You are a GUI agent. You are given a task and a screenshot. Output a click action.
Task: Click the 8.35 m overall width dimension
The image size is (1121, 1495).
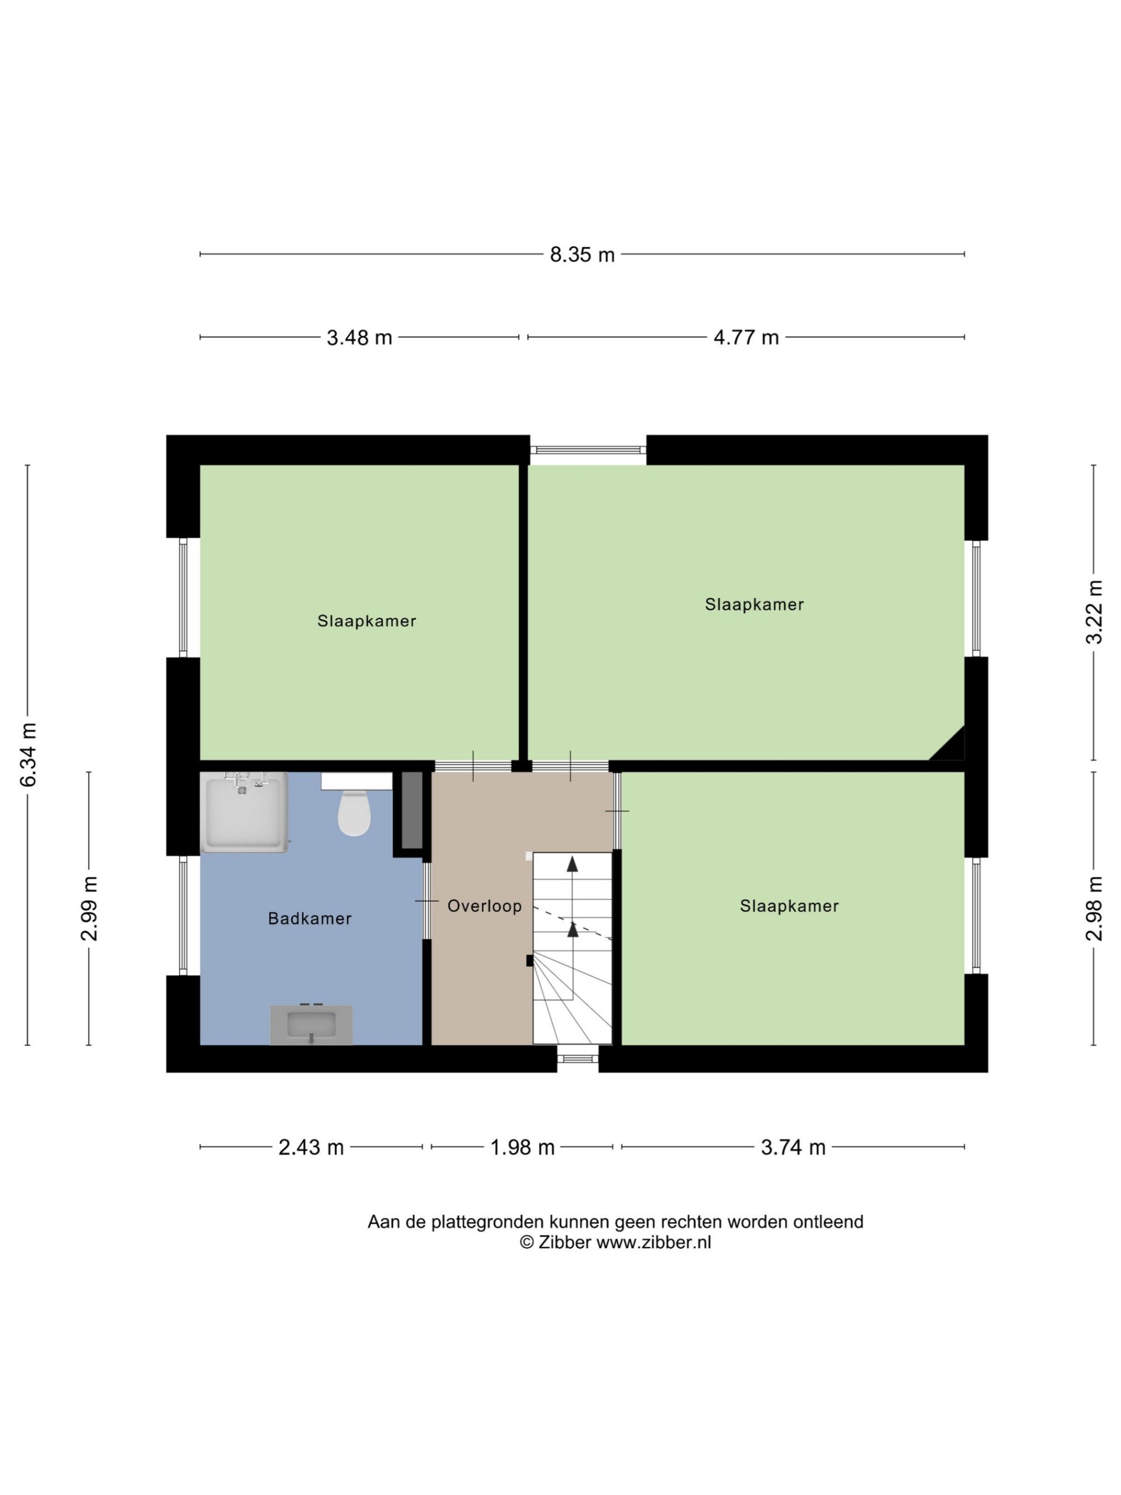[582, 254]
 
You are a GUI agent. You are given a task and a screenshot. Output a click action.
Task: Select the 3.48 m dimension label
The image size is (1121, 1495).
[359, 337]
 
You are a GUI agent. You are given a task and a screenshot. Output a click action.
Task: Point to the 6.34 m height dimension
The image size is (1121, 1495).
[27, 755]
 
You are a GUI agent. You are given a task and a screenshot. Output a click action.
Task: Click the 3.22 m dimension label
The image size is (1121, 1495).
[1094, 612]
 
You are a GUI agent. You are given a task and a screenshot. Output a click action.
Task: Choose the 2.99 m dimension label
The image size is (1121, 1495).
[89, 908]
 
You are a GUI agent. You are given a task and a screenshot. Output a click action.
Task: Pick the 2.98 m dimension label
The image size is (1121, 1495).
[1094, 908]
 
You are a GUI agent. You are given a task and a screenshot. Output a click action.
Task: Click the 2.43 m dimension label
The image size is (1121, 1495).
[311, 1147]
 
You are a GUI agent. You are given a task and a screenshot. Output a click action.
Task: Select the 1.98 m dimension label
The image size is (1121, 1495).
[522, 1147]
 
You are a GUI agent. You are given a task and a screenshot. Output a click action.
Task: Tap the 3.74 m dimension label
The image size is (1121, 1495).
[793, 1147]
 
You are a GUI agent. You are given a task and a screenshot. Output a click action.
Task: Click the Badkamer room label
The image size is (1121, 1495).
[309, 919]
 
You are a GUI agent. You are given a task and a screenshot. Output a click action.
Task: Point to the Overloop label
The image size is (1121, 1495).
[484, 906]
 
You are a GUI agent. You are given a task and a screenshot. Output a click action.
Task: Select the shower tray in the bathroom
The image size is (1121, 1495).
[244, 812]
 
